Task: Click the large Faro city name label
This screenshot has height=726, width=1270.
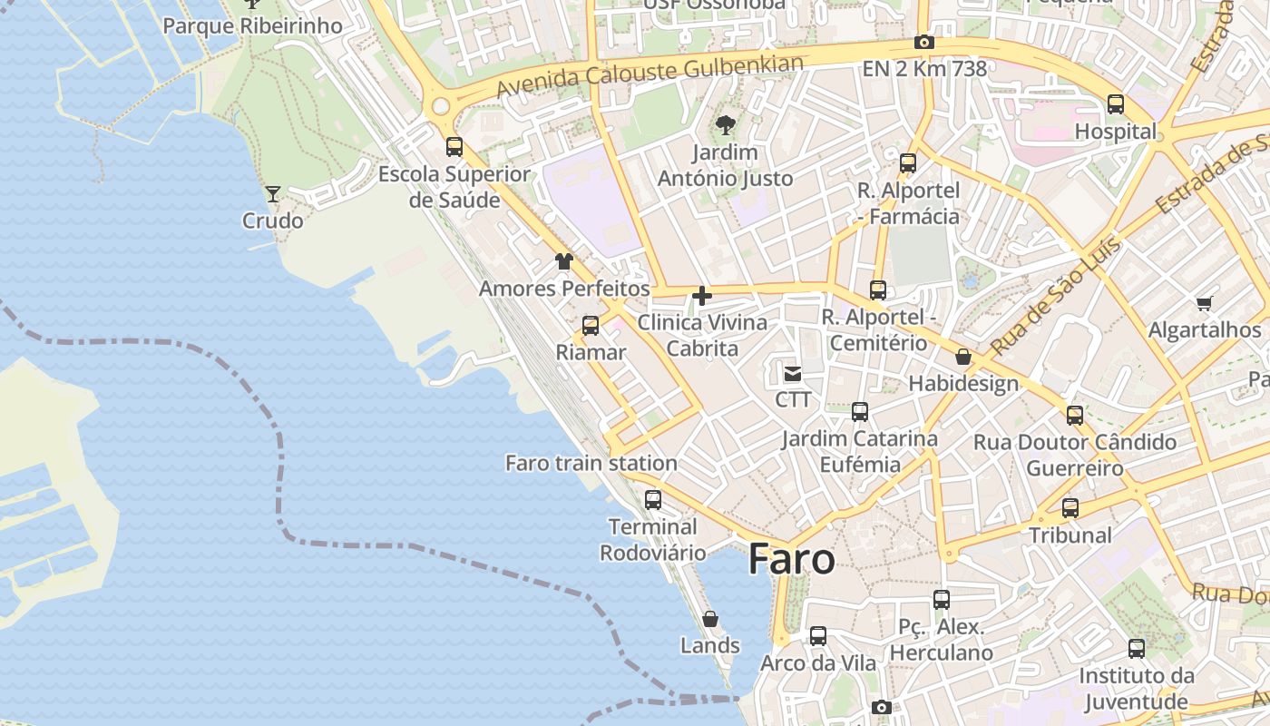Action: [791, 559]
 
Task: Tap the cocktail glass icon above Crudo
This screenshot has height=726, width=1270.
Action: [272, 193]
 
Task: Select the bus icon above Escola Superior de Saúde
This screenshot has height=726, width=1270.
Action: [454, 146]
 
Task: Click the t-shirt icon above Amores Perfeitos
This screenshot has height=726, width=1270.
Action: [564, 261]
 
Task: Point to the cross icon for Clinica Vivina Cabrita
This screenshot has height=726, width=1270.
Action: [701, 296]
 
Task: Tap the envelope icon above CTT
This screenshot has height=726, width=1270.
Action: [793, 373]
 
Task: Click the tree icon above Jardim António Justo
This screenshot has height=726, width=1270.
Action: [725, 125]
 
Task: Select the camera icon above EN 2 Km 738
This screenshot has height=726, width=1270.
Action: [924, 42]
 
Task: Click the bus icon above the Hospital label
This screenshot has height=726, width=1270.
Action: [1116, 104]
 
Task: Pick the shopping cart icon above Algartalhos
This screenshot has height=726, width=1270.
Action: [1204, 303]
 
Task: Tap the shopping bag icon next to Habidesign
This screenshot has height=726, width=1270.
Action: [963, 357]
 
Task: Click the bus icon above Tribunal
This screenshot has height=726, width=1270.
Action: [1070, 508]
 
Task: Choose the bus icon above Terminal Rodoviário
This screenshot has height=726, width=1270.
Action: [652, 499]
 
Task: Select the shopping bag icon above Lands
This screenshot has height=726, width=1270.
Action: [710, 619]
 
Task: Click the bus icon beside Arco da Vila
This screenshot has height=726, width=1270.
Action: [818, 636]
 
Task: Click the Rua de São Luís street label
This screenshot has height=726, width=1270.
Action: [1056, 296]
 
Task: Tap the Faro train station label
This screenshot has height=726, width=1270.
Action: [591, 463]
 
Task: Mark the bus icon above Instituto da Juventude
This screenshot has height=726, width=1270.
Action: [1137, 649]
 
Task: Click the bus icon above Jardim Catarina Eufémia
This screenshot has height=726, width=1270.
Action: [860, 412]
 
